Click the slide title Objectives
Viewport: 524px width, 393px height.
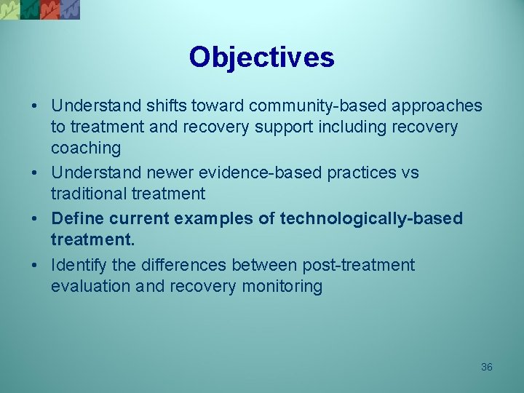tap(261, 57)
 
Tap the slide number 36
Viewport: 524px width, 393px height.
tap(487, 367)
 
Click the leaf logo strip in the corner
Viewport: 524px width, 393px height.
tap(40, 9)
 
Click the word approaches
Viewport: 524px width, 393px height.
tap(437, 106)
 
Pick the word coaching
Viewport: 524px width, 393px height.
tap(86, 148)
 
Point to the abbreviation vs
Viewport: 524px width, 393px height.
tap(410, 173)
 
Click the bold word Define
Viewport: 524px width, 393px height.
tap(78, 219)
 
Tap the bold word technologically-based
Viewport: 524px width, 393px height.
tap(371, 219)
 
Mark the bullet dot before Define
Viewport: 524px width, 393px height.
tap(36, 219)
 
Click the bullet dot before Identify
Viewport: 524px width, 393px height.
tap(36, 265)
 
